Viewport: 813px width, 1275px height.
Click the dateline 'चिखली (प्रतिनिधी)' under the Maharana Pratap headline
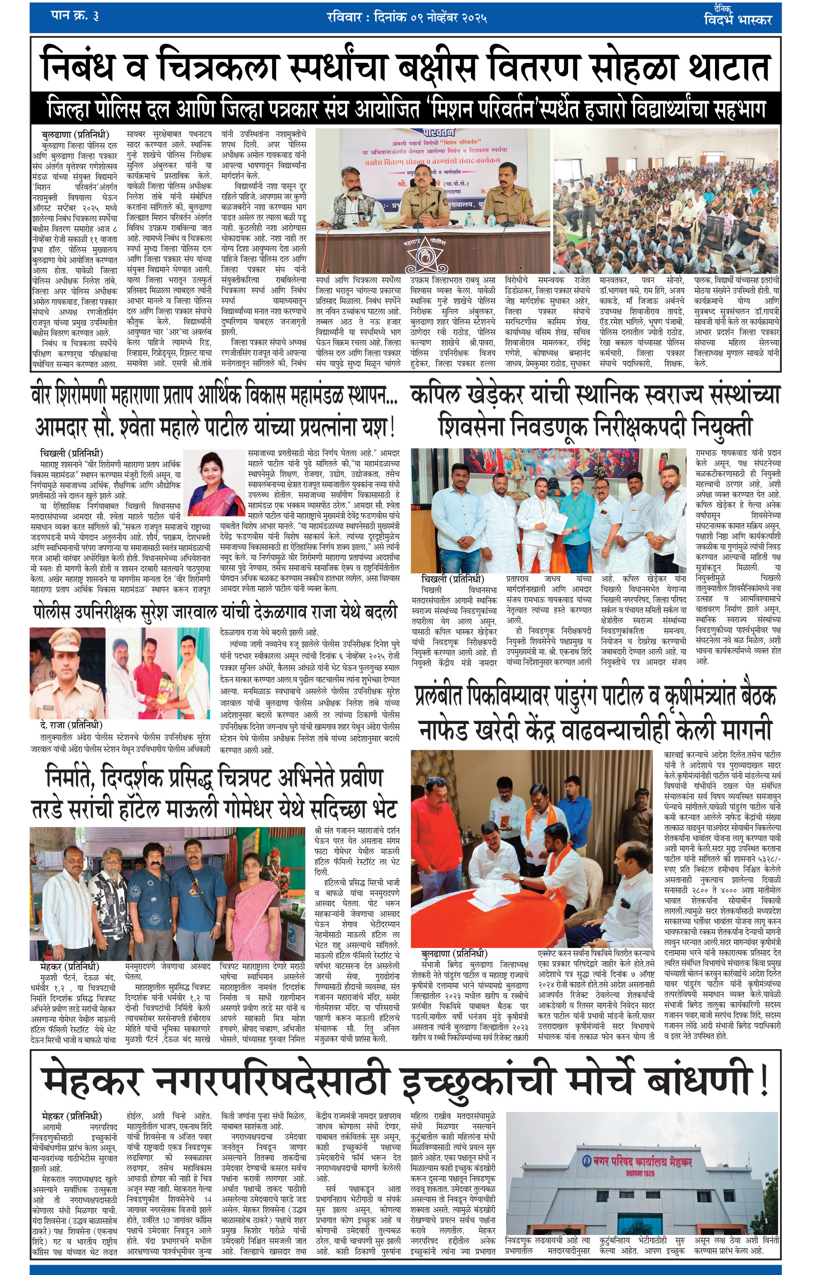(x=71, y=453)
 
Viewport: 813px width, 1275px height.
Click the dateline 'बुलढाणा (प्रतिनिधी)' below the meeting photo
(x=454, y=954)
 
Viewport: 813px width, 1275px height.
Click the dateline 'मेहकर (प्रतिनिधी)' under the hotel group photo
(x=70, y=967)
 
